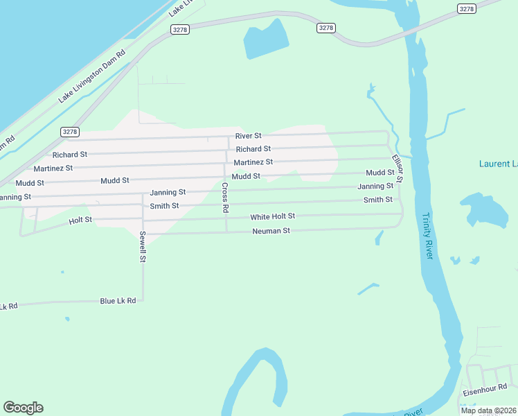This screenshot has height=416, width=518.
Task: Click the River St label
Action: pyautogui.click(x=248, y=136)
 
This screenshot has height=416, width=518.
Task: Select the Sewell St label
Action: pyautogui.click(x=143, y=246)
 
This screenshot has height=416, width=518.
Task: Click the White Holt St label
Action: pyautogui.click(x=272, y=217)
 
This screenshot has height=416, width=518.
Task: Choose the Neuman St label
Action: pyautogui.click(x=271, y=231)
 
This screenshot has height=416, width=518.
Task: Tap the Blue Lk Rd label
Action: pyautogui.click(x=118, y=301)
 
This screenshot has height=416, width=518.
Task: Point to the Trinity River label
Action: pyautogui.click(x=427, y=236)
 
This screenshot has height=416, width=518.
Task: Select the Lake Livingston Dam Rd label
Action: pyautogui.click(x=91, y=76)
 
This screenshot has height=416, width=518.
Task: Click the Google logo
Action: pyautogui.click(x=23, y=408)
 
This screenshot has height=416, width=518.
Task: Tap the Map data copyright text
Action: pyautogui.click(x=488, y=410)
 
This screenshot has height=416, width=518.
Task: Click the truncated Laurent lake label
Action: pyautogui.click(x=498, y=164)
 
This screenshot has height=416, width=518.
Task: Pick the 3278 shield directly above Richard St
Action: pyautogui.click(x=70, y=132)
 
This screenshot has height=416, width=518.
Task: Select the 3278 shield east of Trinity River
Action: pyautogui.click(x=467, y=8)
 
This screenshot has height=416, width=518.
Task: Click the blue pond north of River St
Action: pyautogui.click(x=266, y=41)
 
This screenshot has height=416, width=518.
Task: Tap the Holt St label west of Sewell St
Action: pyautogui.click(x=80, y=220)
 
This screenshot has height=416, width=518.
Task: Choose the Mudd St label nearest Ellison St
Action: pyautogui.click(x=380, y=173)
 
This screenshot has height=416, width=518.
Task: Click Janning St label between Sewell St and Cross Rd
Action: pyautogui.click(x=168, y=192)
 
